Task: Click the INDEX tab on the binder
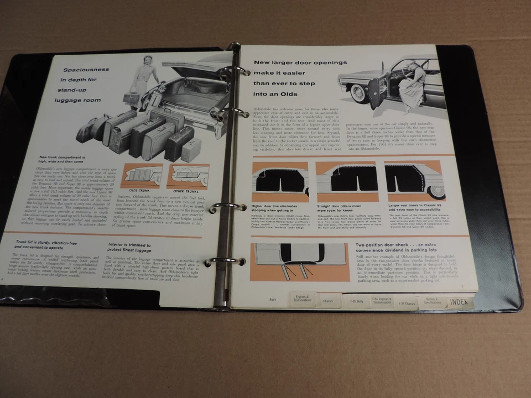(x=459, y=302)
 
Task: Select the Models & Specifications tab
(x=433, y=301)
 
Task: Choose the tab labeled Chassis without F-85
(x=327, y=301)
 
